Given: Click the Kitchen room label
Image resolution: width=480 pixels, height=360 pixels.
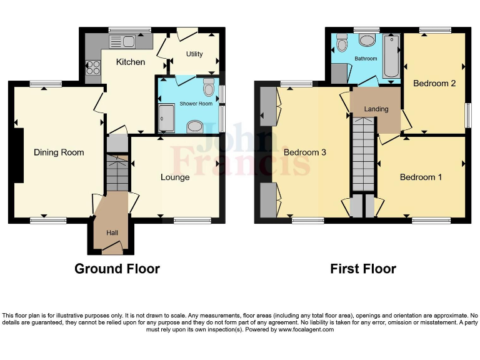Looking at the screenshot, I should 131,62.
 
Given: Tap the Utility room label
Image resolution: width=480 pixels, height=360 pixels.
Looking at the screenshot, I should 194,54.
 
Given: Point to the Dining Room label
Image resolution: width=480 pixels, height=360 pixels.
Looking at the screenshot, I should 59,152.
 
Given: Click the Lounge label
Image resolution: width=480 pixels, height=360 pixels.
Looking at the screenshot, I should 175,177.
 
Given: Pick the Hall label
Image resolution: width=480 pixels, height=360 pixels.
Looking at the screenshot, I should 112,233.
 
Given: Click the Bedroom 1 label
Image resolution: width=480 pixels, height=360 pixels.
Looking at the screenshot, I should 421,177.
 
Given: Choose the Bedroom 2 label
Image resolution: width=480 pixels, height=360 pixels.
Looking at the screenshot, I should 434,84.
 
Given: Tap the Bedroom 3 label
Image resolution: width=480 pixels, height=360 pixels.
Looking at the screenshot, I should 305,152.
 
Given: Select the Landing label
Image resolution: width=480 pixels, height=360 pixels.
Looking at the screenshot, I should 376,109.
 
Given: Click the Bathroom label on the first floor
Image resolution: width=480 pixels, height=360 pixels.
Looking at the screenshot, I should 366,59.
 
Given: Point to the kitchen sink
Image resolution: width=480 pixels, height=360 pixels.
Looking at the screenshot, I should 122,42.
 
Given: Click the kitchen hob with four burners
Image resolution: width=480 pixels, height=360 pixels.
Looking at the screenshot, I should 92,66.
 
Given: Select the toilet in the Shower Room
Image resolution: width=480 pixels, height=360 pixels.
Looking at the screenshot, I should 210,88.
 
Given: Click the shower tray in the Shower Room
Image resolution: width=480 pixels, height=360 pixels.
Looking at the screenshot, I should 166,118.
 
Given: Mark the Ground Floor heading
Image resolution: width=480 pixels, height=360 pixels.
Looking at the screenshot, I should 117,269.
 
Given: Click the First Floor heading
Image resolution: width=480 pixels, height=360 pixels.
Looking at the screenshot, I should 363,269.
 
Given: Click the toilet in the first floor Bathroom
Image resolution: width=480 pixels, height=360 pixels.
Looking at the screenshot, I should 342,43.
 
